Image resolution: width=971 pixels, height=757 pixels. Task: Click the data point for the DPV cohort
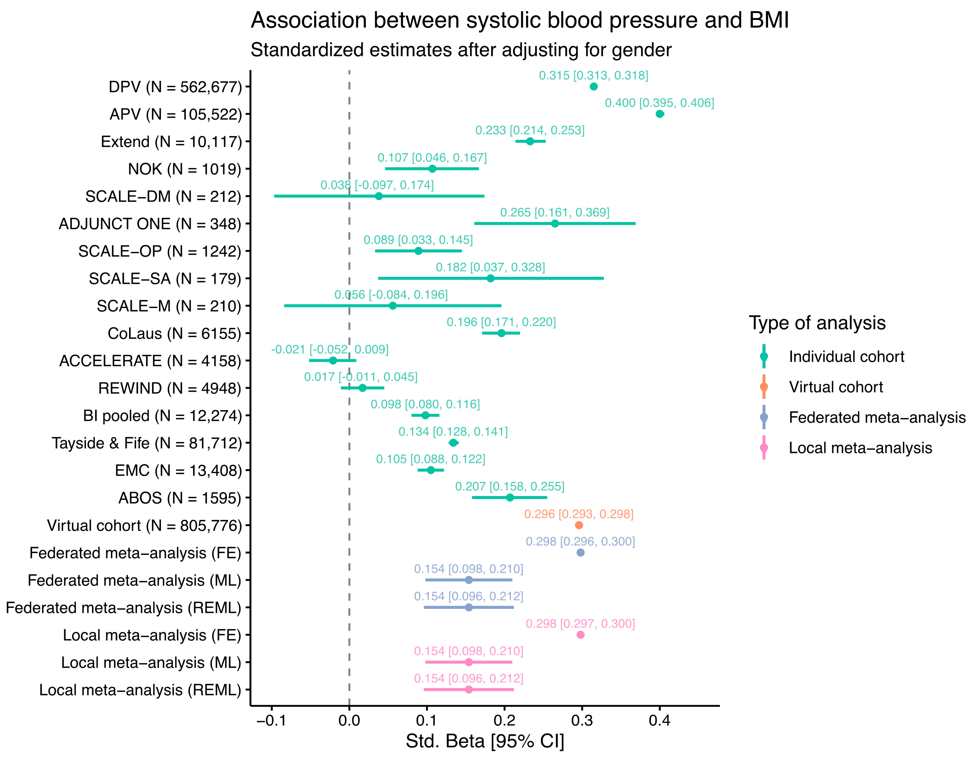click(x=593, y=87)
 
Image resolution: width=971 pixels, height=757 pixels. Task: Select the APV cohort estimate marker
click(x=660, y=114)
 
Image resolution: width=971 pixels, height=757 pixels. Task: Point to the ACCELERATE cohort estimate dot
click(x=333, y=361)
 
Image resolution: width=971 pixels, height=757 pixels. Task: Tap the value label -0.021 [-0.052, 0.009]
click(x=330, y=350)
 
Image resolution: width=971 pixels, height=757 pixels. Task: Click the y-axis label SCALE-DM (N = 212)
click(x=163, y=196)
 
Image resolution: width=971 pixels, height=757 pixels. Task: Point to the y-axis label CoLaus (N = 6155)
click(x=174, y=334)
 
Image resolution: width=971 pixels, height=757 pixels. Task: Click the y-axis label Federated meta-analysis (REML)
click(x=123, y=608)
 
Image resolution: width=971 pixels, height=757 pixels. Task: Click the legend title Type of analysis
click(x=817, y=323)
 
